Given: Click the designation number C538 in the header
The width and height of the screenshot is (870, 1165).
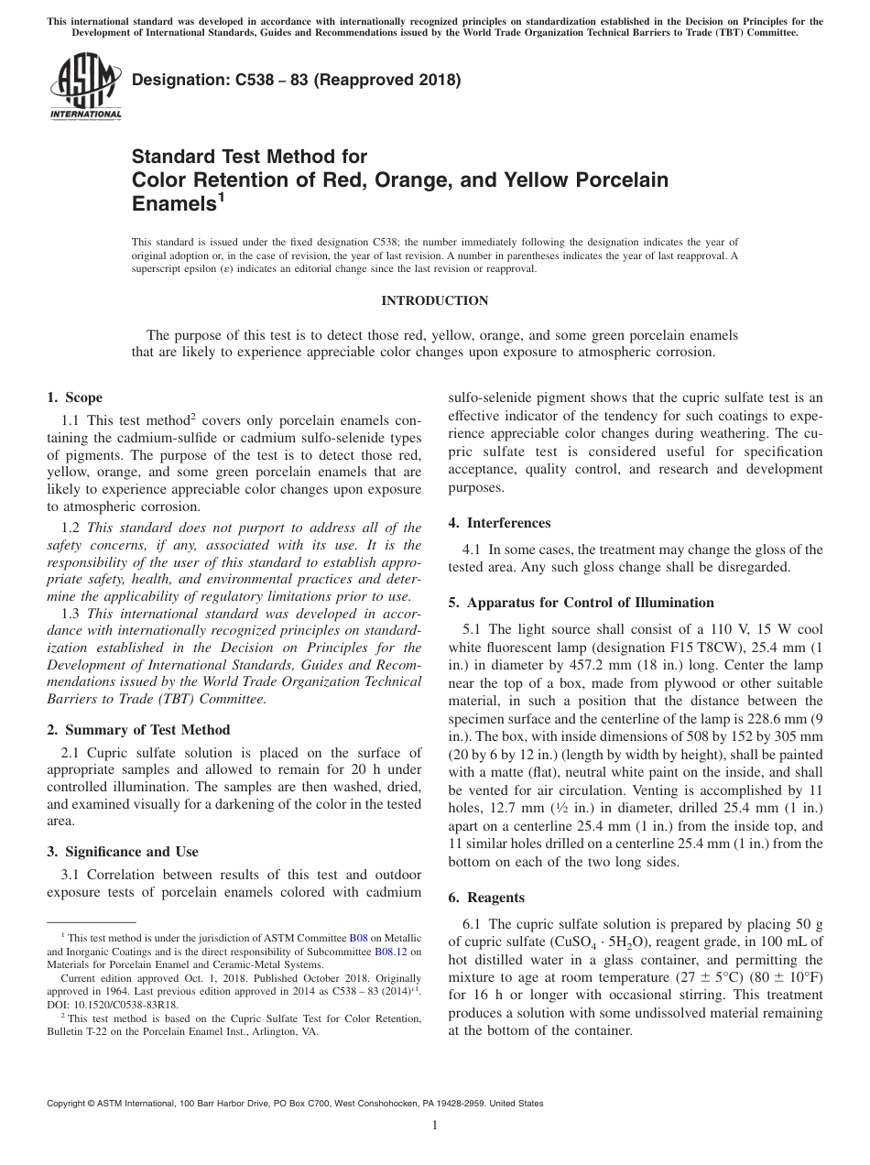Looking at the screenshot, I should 244,80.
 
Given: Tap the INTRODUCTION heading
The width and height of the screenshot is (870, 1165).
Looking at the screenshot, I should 434,300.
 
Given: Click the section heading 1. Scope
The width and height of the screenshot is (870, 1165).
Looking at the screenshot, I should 75,397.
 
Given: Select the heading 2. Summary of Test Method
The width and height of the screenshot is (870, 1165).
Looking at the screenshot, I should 138,730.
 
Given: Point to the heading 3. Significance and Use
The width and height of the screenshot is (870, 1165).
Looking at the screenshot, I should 122,852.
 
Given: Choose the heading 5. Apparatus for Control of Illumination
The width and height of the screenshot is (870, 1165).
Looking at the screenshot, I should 581,603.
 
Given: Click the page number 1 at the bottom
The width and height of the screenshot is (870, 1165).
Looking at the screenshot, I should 435,1126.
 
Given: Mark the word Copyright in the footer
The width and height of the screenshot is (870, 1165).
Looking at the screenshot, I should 71,1104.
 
